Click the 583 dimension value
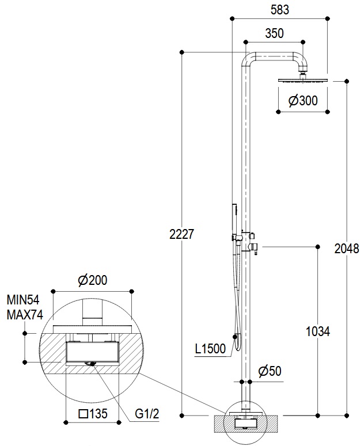(279, 10)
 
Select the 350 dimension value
(274, 33)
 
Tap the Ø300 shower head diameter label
(303, 101)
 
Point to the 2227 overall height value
(181, 234)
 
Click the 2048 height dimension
(346, 249)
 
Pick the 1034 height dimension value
(317, 331)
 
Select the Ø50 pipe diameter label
(270, 371)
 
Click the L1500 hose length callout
(210, 349)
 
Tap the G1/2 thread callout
(147, 414)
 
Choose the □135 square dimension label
(93, 414)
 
